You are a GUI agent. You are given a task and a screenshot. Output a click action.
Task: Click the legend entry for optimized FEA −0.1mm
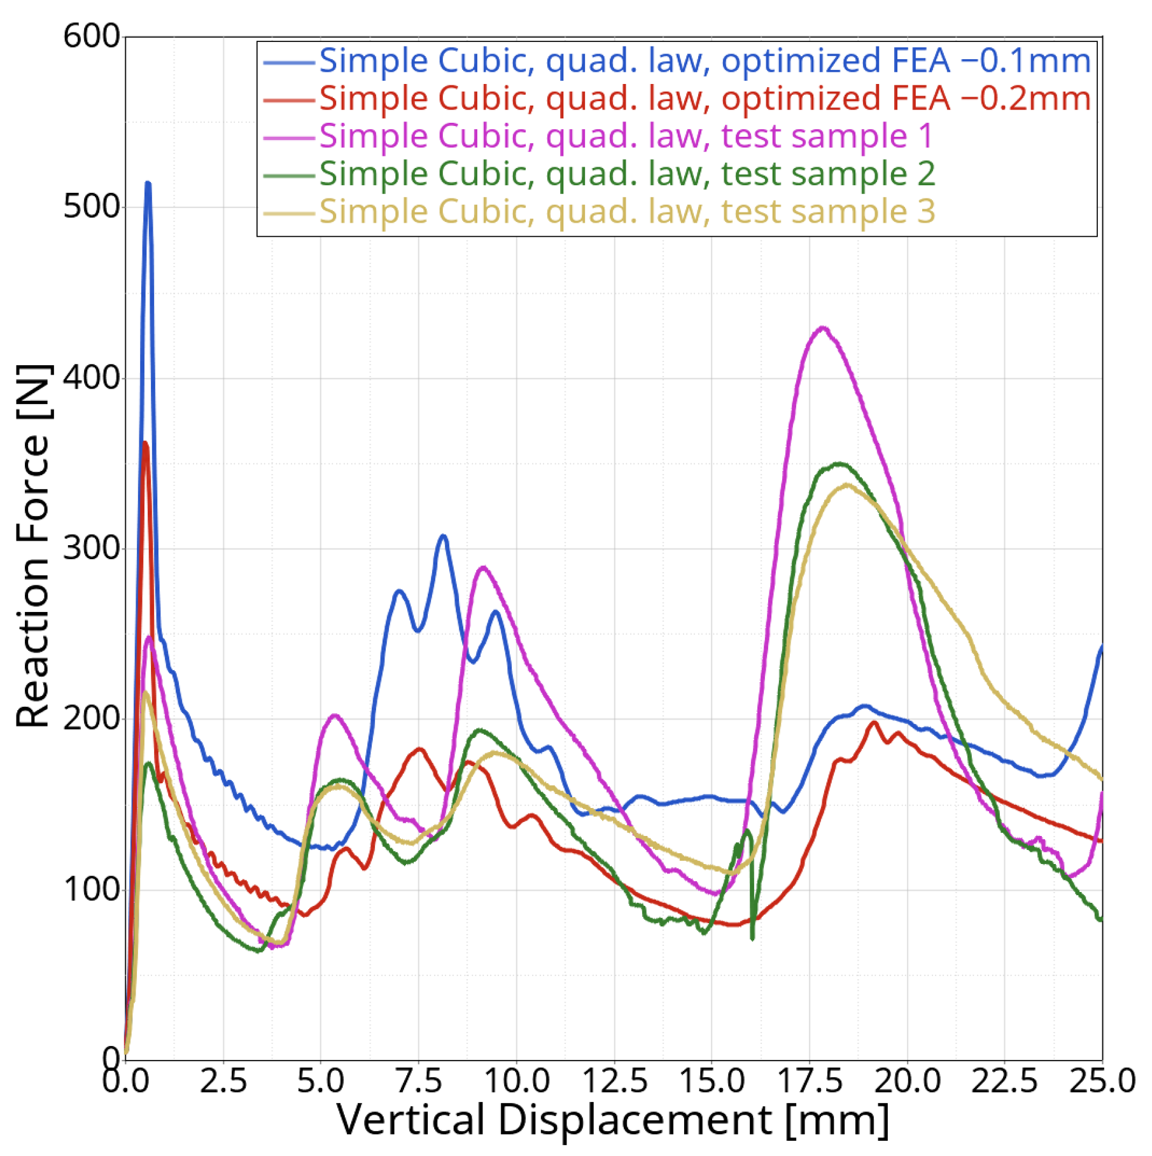[x=705, y=61]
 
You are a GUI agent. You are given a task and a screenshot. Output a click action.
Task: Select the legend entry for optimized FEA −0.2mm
[x=705, y=99]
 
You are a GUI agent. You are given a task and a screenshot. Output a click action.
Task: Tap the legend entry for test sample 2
[x=627, y=174]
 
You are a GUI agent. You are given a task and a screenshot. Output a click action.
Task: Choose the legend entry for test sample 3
[x=627, y=211]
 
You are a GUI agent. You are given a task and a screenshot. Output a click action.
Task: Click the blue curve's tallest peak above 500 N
[x=148, y=184]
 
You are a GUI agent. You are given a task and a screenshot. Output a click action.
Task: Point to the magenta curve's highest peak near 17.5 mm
[x=822, y=328]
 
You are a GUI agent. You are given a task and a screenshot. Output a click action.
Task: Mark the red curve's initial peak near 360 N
[x=145, y=443]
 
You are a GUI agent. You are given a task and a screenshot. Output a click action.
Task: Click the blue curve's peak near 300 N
[x=443, y=536]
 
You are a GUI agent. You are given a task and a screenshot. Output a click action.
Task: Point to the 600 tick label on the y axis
[x=91, y=36]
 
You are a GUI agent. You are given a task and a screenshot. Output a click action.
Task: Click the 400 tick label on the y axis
[x=91, y=378]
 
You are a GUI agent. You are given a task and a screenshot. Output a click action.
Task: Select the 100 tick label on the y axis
[x=91, y=889]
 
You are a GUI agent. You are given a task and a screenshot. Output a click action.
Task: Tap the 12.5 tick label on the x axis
[x=614, y=1081]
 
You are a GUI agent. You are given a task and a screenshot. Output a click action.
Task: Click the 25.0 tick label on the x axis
[x=1102, y=1081]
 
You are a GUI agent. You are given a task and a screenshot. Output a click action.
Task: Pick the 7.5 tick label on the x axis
[x=419, y=1081]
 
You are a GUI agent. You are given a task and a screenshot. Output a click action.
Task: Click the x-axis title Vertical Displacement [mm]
[x=613, y=1120]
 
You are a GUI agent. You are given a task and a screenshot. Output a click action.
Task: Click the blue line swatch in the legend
[x=289, y=62]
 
